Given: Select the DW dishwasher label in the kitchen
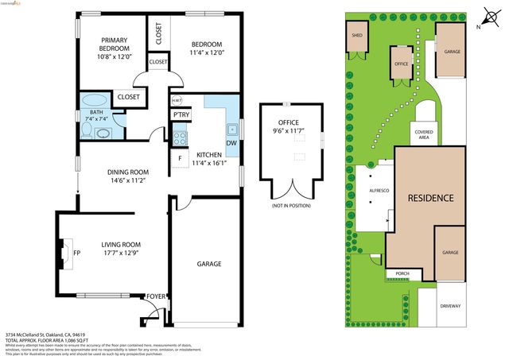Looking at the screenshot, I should [231, 143].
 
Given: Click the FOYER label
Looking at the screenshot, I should [156, 296].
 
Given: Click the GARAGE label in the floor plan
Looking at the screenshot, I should [208, 264].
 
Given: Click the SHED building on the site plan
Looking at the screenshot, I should [353, 36].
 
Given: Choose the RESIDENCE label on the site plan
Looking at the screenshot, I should [430, 198].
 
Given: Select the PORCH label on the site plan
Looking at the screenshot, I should [402, 274].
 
